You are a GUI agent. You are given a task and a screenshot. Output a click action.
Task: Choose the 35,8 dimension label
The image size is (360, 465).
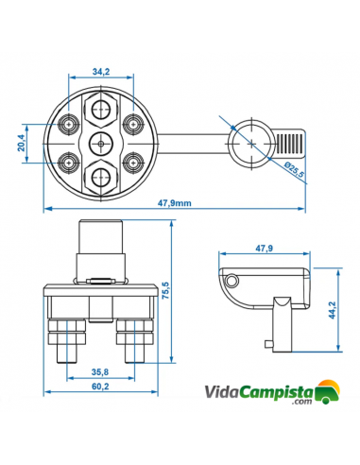coord(100,372)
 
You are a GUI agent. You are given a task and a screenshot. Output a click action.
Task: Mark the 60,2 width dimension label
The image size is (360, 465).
coord(99,387)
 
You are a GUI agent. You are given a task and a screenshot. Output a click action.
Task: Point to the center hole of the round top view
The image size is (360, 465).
coord(99,142)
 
